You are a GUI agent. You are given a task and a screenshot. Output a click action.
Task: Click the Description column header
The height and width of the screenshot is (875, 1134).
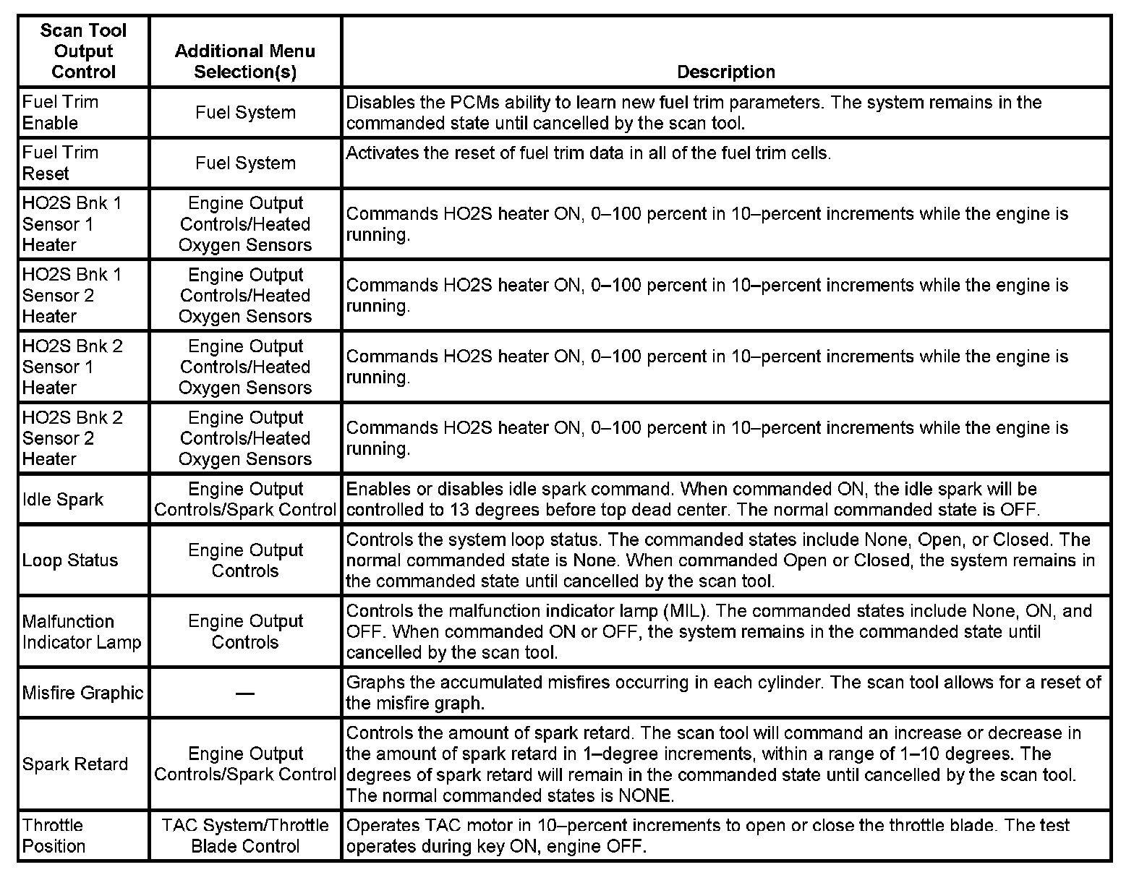725,72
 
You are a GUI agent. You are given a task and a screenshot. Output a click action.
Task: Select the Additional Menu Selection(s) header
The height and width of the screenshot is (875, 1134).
245,61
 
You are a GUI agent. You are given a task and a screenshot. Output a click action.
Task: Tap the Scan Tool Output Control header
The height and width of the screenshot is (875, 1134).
83,51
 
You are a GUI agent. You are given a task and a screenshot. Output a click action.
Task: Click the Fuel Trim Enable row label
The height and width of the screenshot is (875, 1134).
60,112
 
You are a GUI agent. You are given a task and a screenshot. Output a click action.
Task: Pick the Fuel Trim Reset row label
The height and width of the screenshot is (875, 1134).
60,163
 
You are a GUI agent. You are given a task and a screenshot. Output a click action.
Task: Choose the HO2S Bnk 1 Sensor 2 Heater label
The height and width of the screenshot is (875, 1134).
72,295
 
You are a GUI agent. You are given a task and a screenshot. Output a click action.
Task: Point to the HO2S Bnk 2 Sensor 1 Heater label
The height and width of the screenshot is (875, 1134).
72,367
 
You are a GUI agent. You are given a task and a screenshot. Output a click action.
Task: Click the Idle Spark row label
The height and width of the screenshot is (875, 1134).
63,499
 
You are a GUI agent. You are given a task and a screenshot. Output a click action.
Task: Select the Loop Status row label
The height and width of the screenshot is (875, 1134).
69,560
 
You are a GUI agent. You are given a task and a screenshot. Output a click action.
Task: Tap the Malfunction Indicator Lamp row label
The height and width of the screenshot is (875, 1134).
82,631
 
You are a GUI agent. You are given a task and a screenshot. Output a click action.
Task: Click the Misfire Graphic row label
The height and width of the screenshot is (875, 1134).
82,693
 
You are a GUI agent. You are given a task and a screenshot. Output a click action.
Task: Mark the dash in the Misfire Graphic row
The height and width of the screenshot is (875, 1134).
245,693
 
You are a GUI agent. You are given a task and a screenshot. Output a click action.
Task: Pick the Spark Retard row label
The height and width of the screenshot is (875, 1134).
74,764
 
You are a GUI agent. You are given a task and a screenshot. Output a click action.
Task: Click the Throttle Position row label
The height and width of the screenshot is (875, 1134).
54,835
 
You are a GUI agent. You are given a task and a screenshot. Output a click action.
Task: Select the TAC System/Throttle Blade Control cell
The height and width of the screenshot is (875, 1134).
245,835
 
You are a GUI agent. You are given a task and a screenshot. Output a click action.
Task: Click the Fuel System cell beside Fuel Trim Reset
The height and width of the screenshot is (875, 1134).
245,163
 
